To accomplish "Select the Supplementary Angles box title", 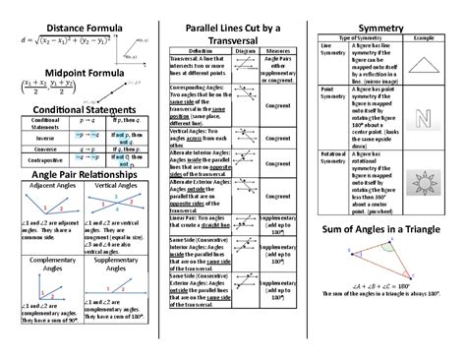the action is [x=114, y=267].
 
